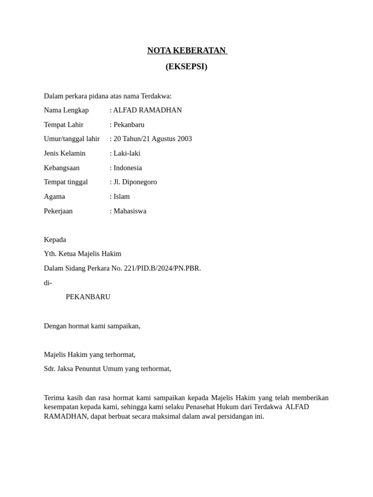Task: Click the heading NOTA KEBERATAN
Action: coord(186,50)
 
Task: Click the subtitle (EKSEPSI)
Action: coord(186,66)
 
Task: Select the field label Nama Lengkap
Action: coord(67,110)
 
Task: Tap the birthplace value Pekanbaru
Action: coord(129,125)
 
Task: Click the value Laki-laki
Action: coord(127,153)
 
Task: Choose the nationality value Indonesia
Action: coord(128,168)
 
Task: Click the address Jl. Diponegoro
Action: coord(135,182)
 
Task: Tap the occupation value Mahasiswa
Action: coord(130,211)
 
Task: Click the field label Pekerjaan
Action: coord(58,211)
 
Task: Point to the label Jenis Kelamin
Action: coord(65,153)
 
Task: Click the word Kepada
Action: coord(55,240)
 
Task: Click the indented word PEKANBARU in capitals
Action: coord(88,297)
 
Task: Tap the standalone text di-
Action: coord(48,283)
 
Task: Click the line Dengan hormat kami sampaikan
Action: coord(92,326)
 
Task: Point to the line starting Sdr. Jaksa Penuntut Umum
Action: coord(107,369)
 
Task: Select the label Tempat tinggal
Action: coord(66,182)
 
